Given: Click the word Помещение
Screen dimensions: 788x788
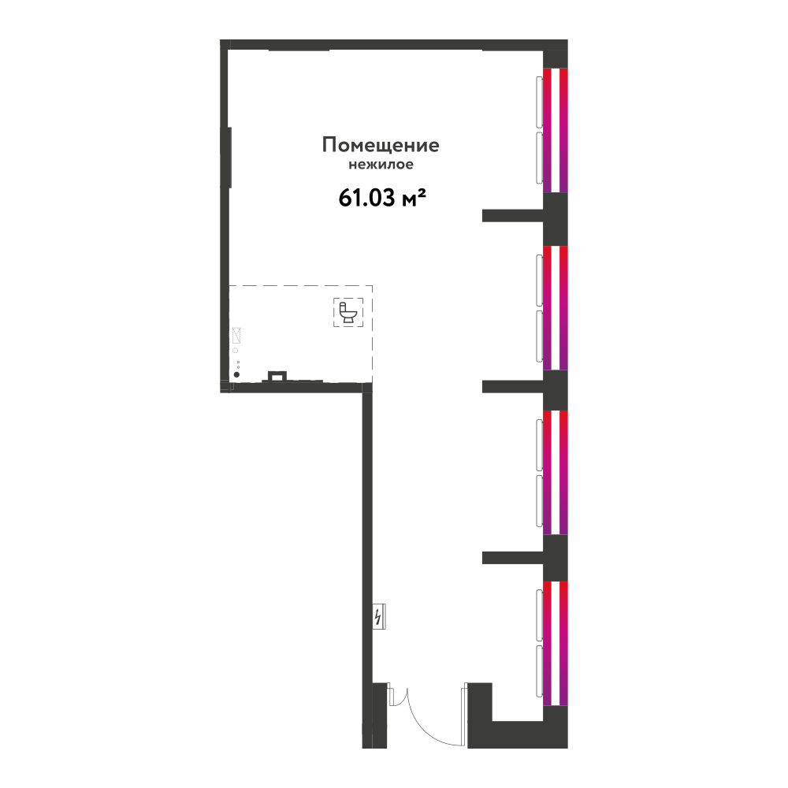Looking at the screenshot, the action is tap(381, 145).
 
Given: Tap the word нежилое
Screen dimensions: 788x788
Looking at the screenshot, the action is tap(381, 165).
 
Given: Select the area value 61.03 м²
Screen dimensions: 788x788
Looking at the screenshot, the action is tap(382, 198).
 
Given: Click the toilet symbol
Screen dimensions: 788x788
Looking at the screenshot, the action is tap(348, 312).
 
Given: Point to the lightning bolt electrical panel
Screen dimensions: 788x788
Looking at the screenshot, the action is tap(379, 616).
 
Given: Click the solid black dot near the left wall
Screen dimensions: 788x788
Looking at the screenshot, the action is tap(236, 374).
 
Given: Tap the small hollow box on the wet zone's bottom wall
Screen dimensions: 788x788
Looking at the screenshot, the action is tap(277, 376).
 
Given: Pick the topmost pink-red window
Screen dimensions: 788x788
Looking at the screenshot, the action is tap(556, 130).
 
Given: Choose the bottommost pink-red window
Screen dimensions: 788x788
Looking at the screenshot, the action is tap(556, 643).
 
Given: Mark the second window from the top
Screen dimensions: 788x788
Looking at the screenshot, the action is tap(556, 307).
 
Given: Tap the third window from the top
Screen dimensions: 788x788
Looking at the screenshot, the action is tap(556, 472).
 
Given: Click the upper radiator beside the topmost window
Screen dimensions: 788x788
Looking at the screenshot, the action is tap(540, 102).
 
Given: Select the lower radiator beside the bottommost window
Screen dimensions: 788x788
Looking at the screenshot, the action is tap(540, 671).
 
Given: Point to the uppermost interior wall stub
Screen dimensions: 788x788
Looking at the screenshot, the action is tap(513, 216).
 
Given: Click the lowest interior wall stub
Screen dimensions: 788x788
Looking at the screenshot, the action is tap(513, 558).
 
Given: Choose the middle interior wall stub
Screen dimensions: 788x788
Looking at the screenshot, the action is tap(513, 386).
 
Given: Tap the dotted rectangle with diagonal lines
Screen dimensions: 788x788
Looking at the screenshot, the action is tap(236, 335).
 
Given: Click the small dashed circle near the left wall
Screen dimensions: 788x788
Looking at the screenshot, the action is tap(235, 351).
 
